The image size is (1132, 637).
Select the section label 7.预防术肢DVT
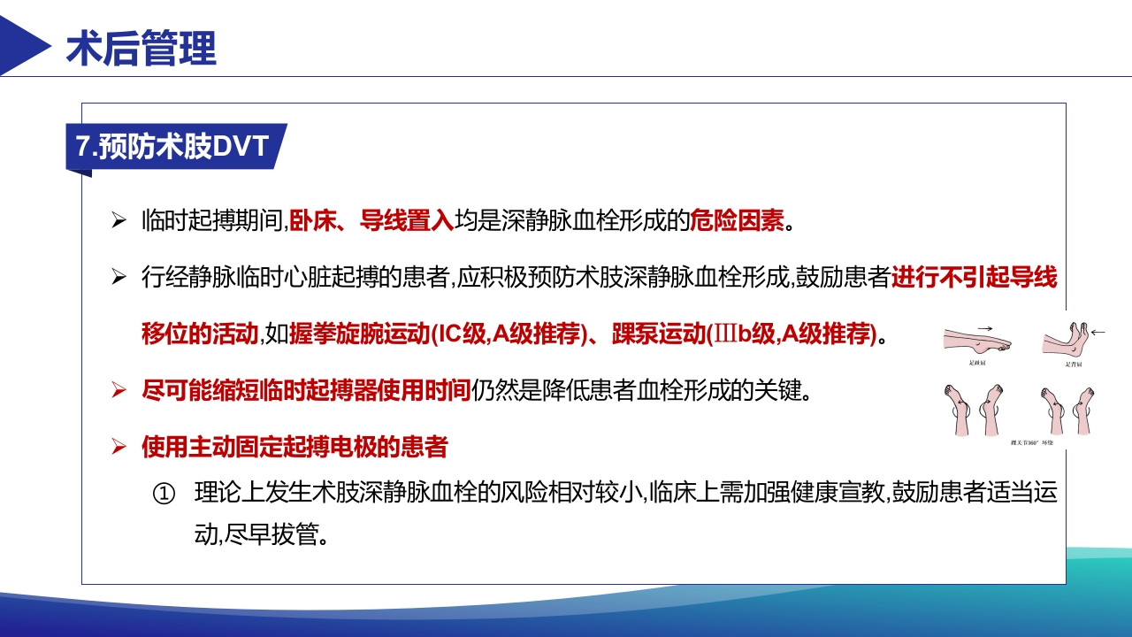172,146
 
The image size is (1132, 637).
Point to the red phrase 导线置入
407,220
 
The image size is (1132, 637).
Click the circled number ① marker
164,495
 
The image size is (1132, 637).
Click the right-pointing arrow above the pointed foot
985,325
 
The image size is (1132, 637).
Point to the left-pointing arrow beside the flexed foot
1098,333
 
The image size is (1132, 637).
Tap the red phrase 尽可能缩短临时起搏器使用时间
306,390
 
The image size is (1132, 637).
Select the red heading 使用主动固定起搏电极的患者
294,447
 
